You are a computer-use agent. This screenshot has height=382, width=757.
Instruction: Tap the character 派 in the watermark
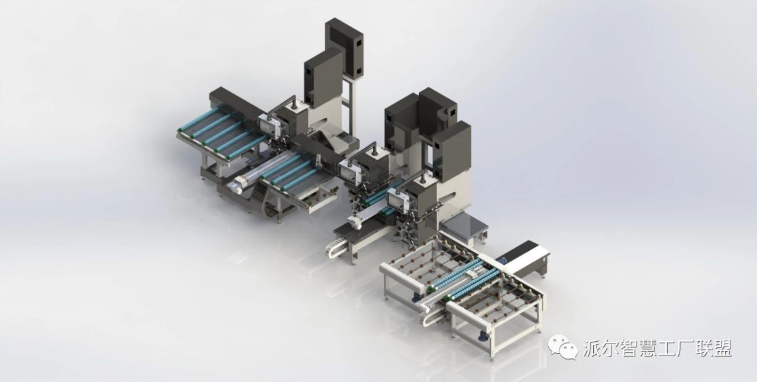[593, 348]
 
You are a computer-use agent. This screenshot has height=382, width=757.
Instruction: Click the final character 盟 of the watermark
[722, 348]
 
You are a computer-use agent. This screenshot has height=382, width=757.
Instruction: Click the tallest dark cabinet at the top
[345, 47]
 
